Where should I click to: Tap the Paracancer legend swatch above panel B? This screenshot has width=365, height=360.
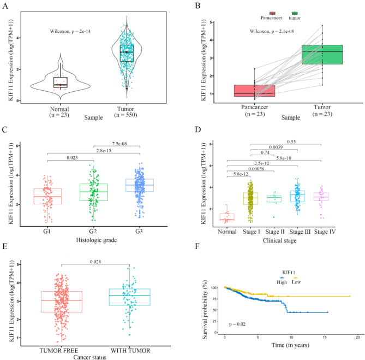pyautogui.click(x=272, y=13)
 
